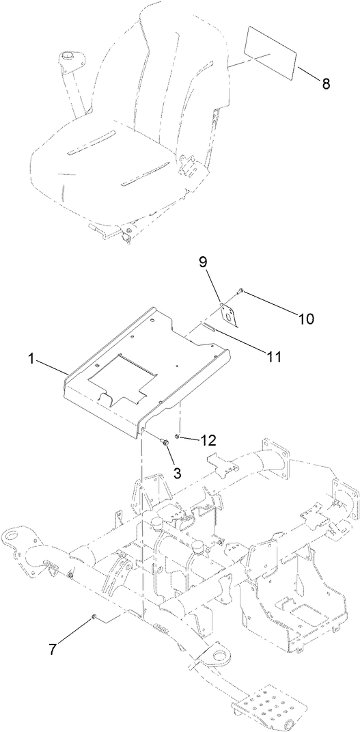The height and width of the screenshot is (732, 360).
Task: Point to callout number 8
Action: (x=325, y=83)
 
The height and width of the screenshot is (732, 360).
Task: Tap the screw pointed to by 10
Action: (x=240, y=292)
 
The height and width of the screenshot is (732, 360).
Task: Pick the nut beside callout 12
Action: (x=178, y=436)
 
